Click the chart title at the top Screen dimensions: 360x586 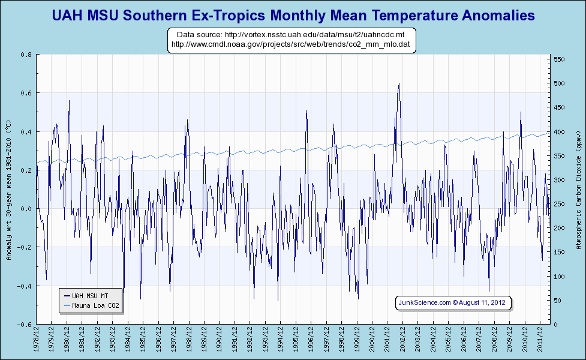(293, 15)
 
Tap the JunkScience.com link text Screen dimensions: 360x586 (425, 303)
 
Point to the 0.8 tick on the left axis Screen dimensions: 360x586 (27, 55)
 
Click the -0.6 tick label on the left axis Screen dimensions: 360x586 (26, 324)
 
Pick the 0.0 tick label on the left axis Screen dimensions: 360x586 (27, 209)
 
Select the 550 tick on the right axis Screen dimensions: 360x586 (559, 59)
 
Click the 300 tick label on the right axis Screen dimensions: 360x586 (559, 180)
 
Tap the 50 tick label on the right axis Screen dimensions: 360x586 (557, 300)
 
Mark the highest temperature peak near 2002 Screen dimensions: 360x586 (399, 84)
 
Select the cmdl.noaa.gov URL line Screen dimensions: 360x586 (291, 44)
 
